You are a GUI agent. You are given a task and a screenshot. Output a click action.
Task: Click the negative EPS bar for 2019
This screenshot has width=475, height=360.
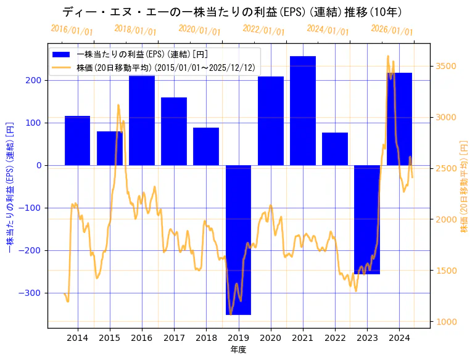[x=238, y=240]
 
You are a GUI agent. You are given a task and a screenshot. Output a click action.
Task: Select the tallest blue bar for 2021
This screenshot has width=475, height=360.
[x=303, y=111]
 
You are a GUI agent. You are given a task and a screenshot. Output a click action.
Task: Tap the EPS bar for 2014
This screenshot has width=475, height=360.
[x=77, y=141]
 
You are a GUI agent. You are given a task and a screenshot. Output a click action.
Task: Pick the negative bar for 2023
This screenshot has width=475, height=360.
[x=367, y=219]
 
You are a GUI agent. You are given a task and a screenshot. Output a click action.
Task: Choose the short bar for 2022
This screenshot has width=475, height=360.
[x=335, y=149]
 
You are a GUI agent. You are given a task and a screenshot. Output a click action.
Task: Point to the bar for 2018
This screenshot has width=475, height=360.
[x=206, y=147]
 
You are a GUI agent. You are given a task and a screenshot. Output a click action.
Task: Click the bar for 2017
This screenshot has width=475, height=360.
[x=174, y=131]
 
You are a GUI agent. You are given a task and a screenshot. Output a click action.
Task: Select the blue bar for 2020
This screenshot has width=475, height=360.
[x=271, y=121]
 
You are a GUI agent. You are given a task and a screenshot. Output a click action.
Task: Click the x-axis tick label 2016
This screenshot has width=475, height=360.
[x=142, y=338]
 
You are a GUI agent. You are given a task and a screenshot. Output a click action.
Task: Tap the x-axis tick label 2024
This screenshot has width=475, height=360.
[x=399, y=338]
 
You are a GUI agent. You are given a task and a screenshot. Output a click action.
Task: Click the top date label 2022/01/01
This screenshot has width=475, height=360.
[x=263, y=30]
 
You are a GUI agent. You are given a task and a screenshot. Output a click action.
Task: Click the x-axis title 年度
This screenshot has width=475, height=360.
[x=238, y=349]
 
